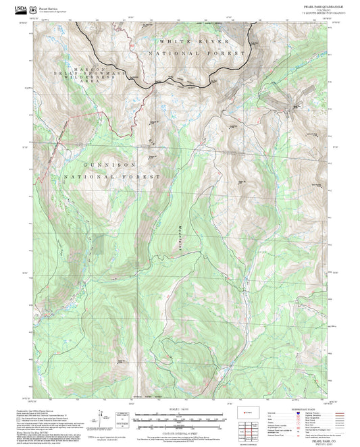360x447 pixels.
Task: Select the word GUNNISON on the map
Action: click(x=110, y=164)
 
